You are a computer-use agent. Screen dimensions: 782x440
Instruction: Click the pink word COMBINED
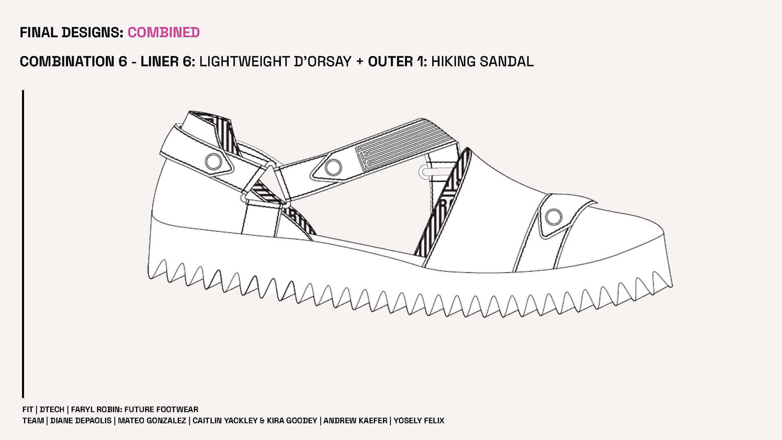tap(164, 33)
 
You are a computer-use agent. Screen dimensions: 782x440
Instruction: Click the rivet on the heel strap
tap(213, 161)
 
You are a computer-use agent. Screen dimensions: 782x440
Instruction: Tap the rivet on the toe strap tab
tap(554, 216)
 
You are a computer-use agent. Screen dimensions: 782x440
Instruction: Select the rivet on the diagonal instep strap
tap(333, 167)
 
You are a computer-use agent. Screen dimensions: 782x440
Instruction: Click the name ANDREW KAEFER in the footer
tap(355, 420)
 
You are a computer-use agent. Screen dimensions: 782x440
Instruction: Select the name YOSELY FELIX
tap(419, 420)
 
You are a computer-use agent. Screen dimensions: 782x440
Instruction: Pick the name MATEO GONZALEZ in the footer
tap(152, 420)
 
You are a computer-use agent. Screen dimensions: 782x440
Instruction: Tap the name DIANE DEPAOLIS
tap(81, 420)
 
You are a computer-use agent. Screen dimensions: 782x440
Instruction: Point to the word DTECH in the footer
tap(52, 409)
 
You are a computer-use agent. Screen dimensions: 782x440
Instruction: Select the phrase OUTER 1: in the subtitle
tap(398, 62)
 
